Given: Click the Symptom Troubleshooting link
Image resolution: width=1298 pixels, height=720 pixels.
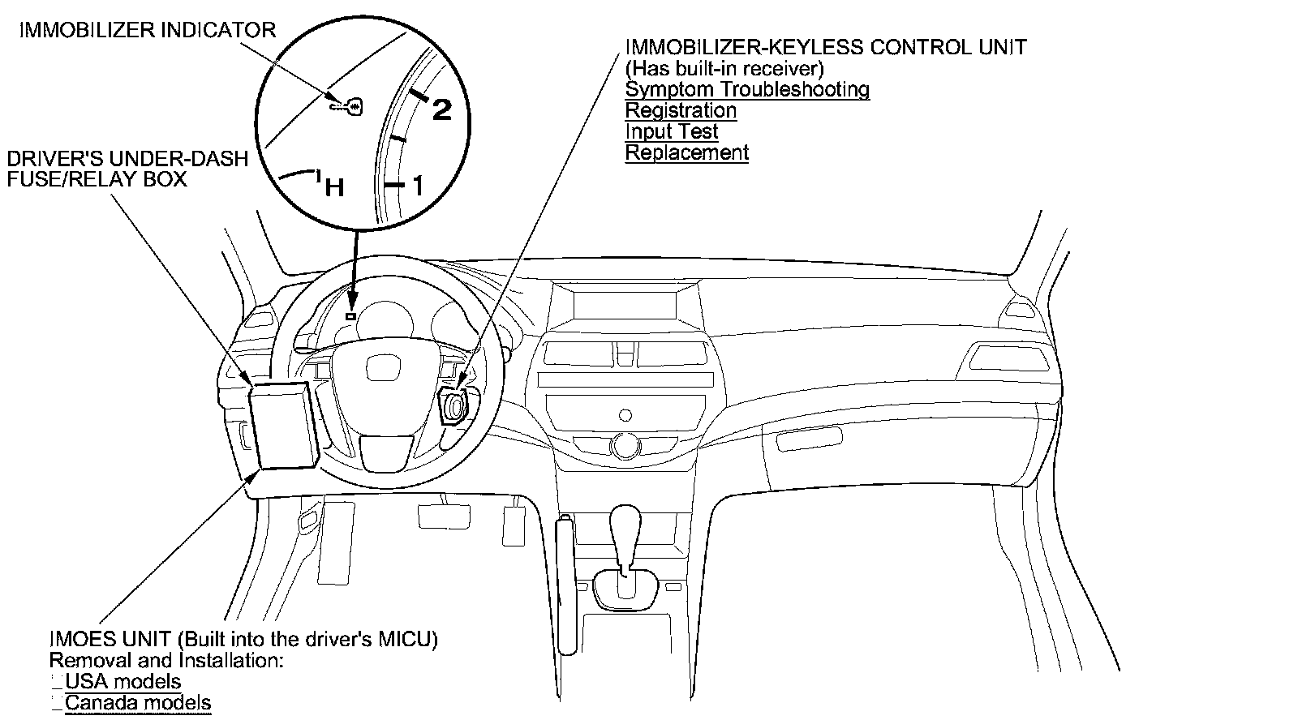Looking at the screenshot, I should pyautogui.click(x=747, y=89).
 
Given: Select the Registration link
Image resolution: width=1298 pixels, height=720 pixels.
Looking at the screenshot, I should pyautogui.click(x=681, y=110).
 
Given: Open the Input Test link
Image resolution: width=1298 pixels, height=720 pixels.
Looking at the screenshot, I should pyautogui.click(x=672, y=131).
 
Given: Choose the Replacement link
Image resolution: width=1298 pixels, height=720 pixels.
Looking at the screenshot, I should pyautogui.click(x=686, y=152).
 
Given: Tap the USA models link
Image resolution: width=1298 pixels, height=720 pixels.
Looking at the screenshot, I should pyautogui.click(x=123, y=682).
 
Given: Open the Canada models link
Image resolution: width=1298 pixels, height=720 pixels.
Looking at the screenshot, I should pyautogui.click(x=138, y=703).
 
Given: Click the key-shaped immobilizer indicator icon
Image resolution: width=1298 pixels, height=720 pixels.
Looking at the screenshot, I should pyautogui.click(x=347, y=105).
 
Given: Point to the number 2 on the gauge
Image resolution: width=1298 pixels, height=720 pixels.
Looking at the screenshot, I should pyautogui.click(x=441, y=109).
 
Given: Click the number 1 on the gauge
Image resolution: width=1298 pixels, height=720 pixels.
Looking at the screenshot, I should pyautogui.click(x=418, y=187).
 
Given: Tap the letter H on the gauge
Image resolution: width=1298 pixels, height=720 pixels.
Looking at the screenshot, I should pyautogui.click(x=334, y=189).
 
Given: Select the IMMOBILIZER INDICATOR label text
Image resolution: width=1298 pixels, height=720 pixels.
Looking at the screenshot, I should pyautogui.click(x=148, y=31).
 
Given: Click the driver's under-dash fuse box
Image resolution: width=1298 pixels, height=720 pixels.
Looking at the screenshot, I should pyautogui.click(x=282, y=425).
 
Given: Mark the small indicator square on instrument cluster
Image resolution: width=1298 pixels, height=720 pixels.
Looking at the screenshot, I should pyautogui.click(x=350, y=315).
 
